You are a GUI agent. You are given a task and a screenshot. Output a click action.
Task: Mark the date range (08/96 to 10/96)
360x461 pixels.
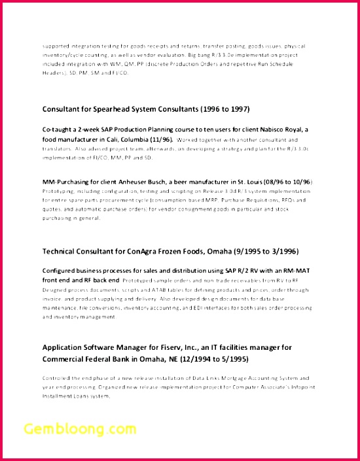coord(285,181)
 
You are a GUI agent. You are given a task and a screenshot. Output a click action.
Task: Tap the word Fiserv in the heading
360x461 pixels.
coord(168,348)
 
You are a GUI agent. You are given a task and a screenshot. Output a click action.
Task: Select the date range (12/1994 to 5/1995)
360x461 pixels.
coord(211,359)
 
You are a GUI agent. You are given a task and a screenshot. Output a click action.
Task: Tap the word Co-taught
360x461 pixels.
coord(58,129)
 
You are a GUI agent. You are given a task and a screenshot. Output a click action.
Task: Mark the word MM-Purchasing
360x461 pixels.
coord(65,181)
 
